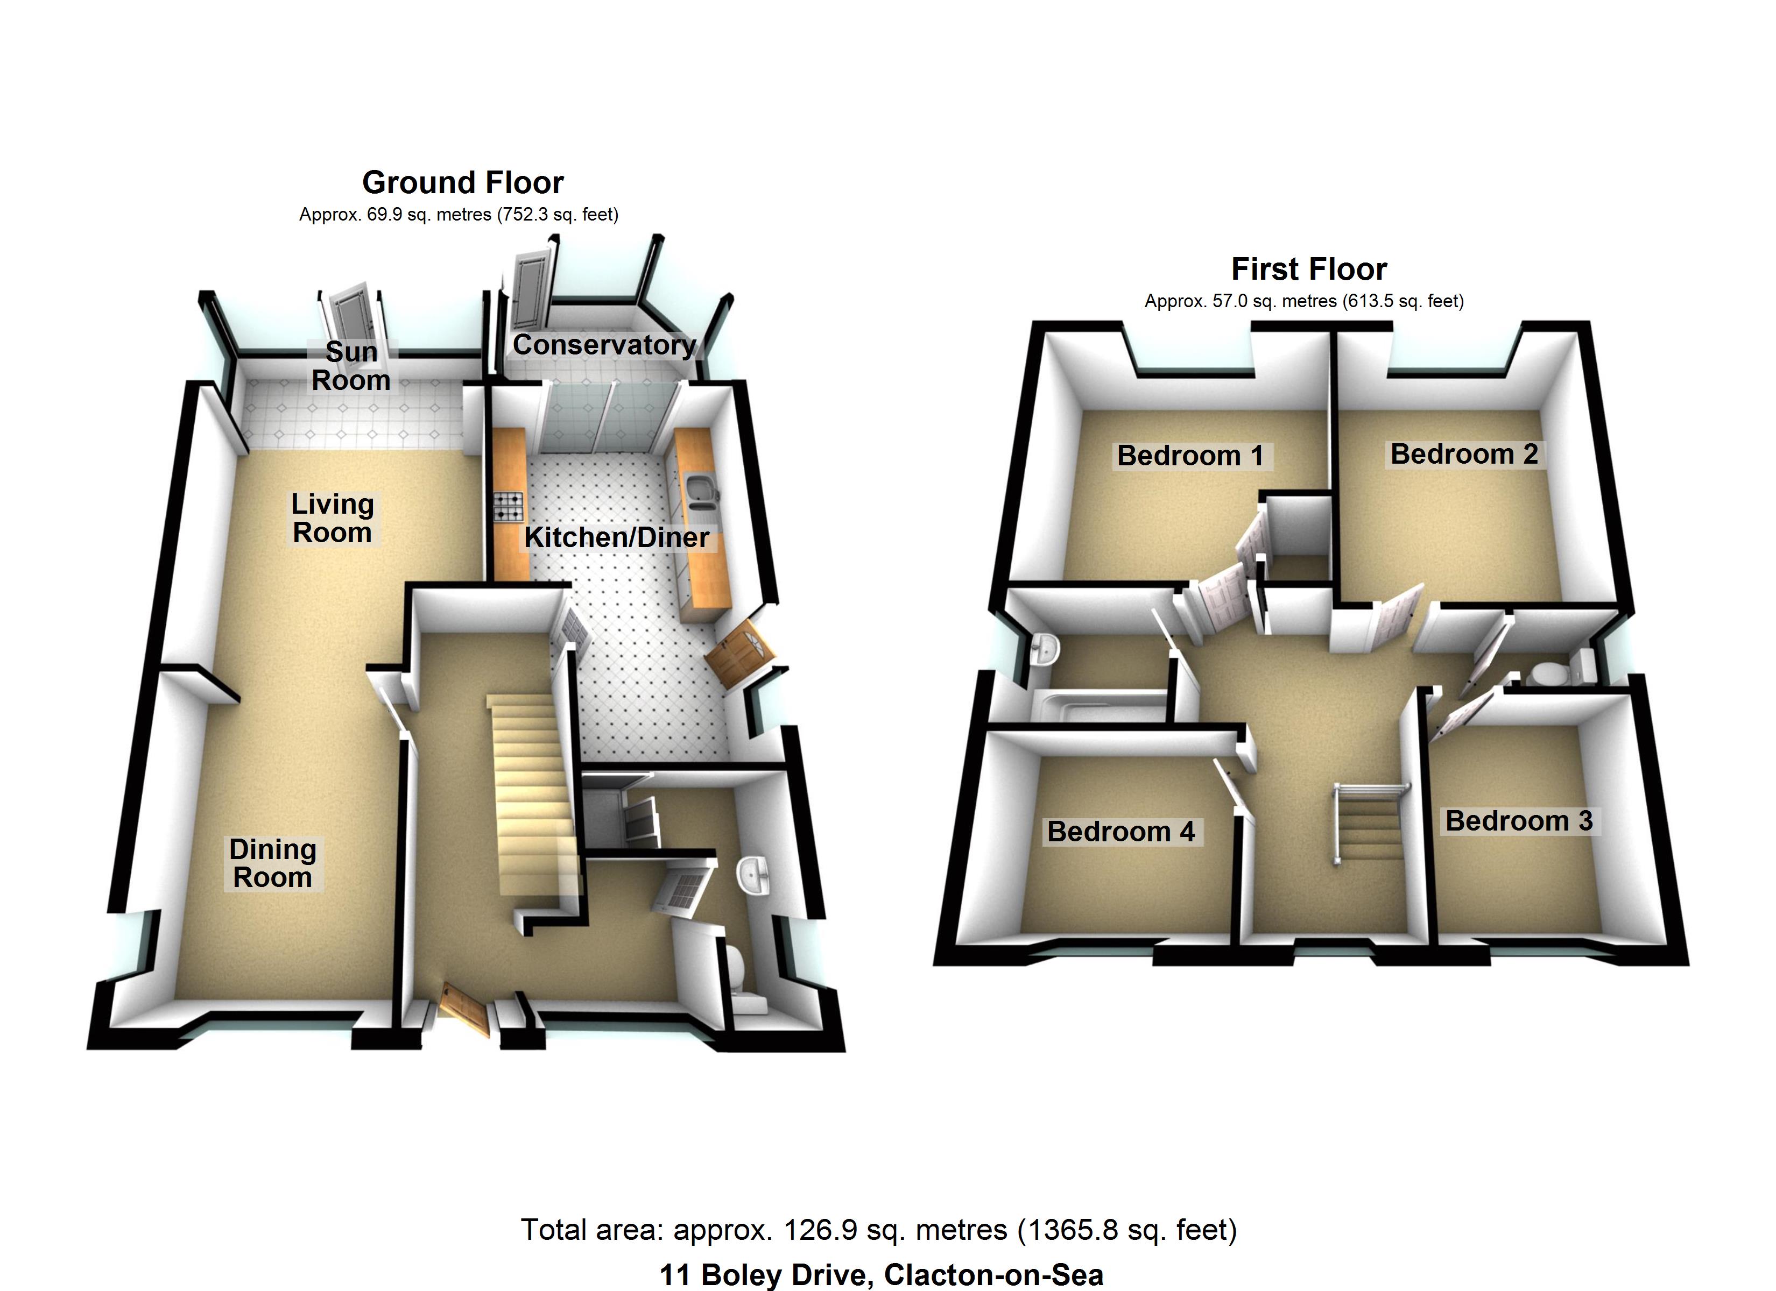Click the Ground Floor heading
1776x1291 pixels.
(x=463, y=182)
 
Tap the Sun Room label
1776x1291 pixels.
(x=351, y=366)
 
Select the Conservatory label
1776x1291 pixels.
(x=604, y=344)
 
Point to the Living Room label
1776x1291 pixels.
(x=332, y=518)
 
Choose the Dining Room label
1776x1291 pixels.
(x=272, y=863)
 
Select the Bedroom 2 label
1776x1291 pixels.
(x=1463, y=453)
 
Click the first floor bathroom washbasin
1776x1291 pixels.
(x=1045, y=649)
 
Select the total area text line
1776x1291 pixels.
(x=879, y=1230)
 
